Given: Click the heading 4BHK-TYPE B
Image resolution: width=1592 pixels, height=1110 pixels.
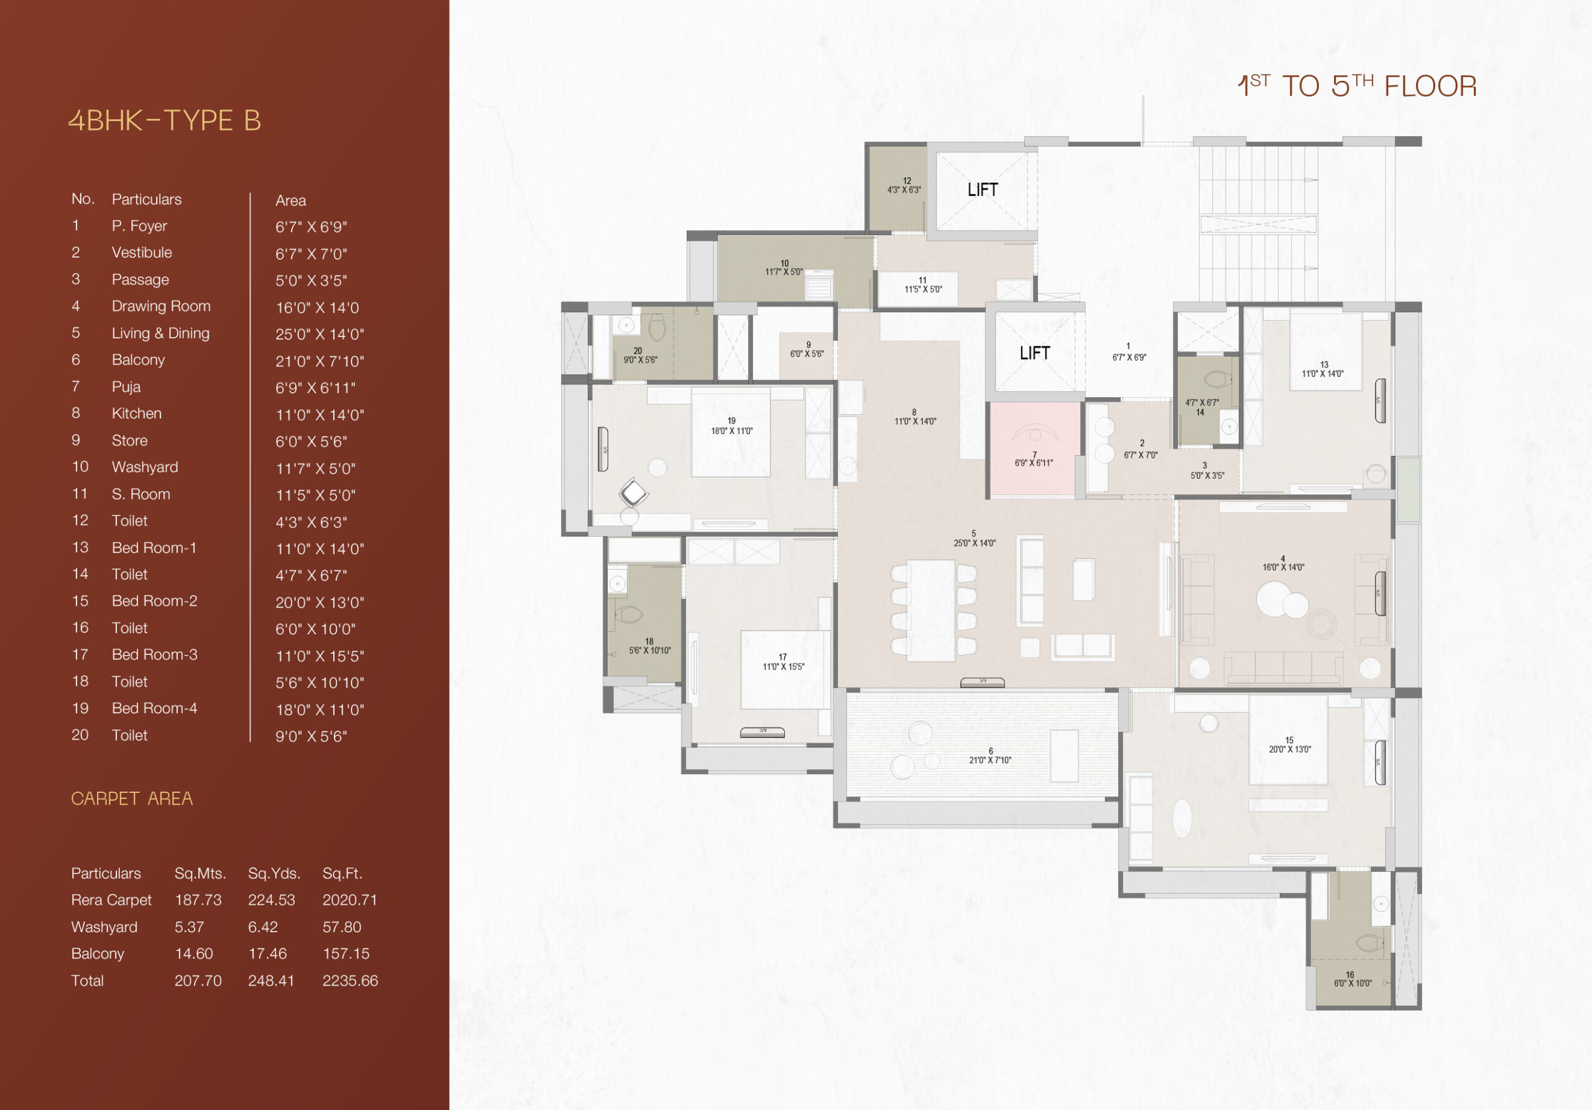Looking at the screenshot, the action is click(164, 121).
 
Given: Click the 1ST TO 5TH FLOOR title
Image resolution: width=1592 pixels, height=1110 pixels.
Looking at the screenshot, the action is click(1357, 86).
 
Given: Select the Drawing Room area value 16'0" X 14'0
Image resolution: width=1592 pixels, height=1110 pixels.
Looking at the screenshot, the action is click(318, 307).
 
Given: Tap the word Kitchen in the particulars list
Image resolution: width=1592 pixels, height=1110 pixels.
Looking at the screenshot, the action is click(137, 413).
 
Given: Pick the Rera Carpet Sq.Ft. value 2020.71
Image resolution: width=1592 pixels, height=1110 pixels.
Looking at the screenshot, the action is click(350, 900).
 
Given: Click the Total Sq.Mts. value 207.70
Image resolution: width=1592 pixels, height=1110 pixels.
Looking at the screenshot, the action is click(198, 981).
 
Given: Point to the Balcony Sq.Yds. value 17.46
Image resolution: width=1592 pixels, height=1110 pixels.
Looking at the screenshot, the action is click(267, 953).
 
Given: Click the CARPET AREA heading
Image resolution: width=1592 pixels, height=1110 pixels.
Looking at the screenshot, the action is click(132, 798).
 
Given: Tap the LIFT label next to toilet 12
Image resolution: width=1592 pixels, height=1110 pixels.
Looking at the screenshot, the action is click(983, 189).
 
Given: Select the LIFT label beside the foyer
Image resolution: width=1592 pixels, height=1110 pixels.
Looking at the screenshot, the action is click(1035, 353).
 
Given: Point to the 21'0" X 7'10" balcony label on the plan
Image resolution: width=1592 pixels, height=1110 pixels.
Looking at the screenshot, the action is click(990, 760).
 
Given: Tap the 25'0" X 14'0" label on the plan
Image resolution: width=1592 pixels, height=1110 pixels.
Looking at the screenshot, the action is click(974, 543).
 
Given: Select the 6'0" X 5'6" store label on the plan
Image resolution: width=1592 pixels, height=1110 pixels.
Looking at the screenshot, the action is click(807, 354).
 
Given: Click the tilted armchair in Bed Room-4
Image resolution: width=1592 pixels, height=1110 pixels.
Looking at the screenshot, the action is click(633, 493).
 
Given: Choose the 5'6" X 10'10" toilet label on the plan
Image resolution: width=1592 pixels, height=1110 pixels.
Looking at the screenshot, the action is click(650, 650).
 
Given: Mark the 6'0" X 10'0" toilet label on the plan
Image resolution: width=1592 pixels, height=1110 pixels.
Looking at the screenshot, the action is click(1353, 983).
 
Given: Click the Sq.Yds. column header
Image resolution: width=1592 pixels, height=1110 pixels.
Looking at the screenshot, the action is click(274, 874).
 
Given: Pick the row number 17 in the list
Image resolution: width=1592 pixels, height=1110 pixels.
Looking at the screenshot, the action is click(80, 654).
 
